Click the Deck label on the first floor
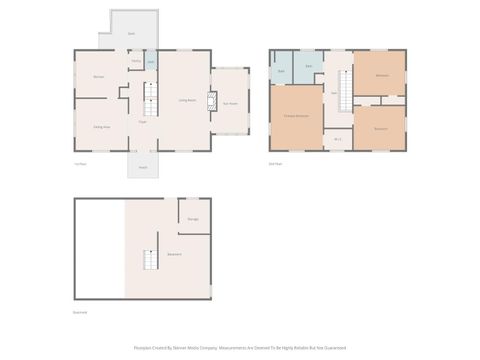pyautogui.click(x=131, y=34)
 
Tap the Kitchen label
pyautogui.click(x=98, y=76)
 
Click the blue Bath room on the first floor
pyautogui.click(x=150, y=62)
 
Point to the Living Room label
pyautogui.click(x=186, y=100)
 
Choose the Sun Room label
pyautogui.click(x=229, y=102)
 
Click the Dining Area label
pyautogui.click(x=101, y=127)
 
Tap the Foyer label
pyautogui.click(x=143, y=124)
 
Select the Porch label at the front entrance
pyautogui.click(x=143, y=167)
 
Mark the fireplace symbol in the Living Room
pyautogui.click(x=211, y=101)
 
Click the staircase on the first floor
pyautogui.click(x=152, y=97)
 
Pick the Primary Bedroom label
pyautogui.click(x=295, y=117)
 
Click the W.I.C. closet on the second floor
pyautogui.click(x=338, y=138)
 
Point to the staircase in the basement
pyautogui.click(x=149, y=260)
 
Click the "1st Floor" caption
pyautogui.click(x=80, y=163)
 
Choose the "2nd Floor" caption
pyautogui.click(x=275, y=163)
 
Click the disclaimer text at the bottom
pyautogui.click(x=240, y=348)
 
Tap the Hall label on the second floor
pyautogui.click(x=333, y=92)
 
